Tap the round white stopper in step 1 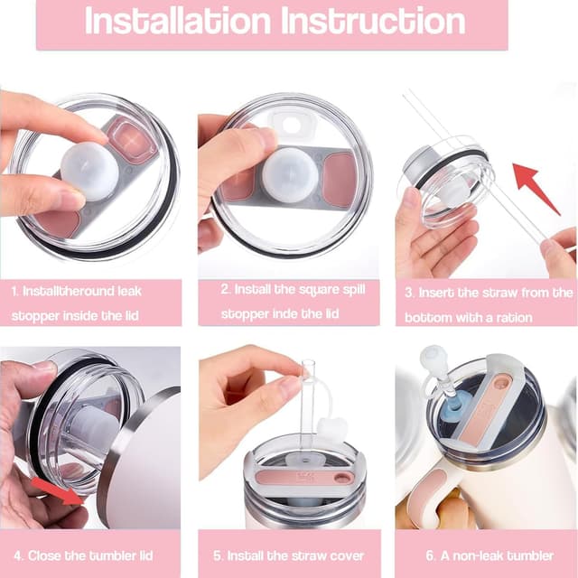89,172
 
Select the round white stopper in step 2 290,174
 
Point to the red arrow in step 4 58,490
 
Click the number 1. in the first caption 14,292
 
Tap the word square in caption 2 319,290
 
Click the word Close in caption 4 44,555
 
